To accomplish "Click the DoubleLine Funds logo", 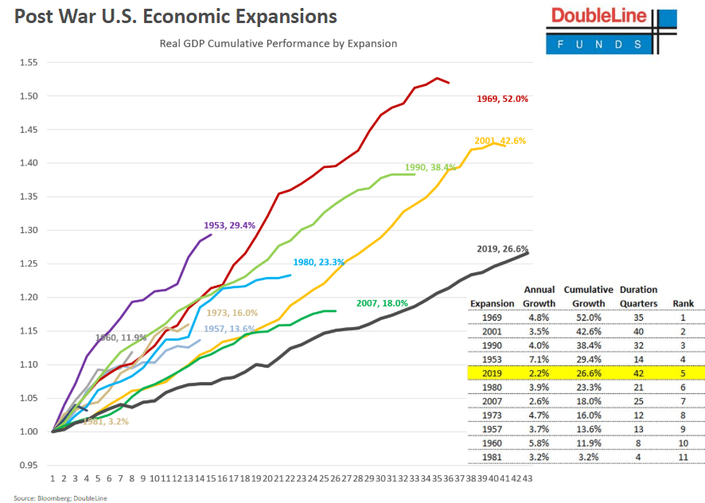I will (611, 31).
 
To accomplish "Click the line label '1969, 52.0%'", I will (502, 99).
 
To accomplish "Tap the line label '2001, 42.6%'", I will (500, 141).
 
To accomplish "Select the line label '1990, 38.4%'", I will (430, 167).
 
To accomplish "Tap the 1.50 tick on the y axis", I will (28, 96).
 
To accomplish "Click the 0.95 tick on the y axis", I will (28, 465).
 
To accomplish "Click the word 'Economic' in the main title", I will (174, 17).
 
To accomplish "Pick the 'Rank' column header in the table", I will (683, 303).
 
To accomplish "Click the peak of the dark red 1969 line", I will (437, 78).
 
